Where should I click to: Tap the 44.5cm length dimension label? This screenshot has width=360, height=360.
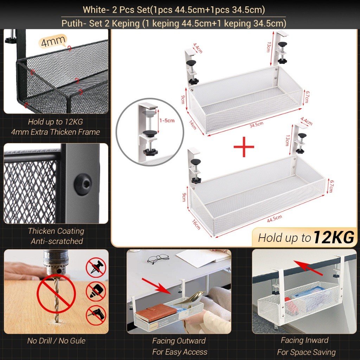click(274, 219)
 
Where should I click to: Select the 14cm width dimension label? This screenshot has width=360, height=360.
click(193, 125)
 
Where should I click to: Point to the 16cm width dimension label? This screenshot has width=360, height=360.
click(196, 224)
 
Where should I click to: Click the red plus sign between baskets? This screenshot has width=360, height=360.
click(244, 147)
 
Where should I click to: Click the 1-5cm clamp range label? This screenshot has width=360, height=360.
click(167, 121)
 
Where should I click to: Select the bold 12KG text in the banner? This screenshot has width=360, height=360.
click(334, 237)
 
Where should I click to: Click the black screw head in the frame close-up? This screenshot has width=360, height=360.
click(83, 184)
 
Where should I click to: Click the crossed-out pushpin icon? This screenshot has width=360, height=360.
click(96, 268)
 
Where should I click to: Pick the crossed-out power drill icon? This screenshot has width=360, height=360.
click(96, 315)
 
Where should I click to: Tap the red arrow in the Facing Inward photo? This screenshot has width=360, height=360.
click(308, 268)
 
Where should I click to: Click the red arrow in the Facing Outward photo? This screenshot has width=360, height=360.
click(156, 286)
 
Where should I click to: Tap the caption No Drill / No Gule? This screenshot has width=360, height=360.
click(56, 341)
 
